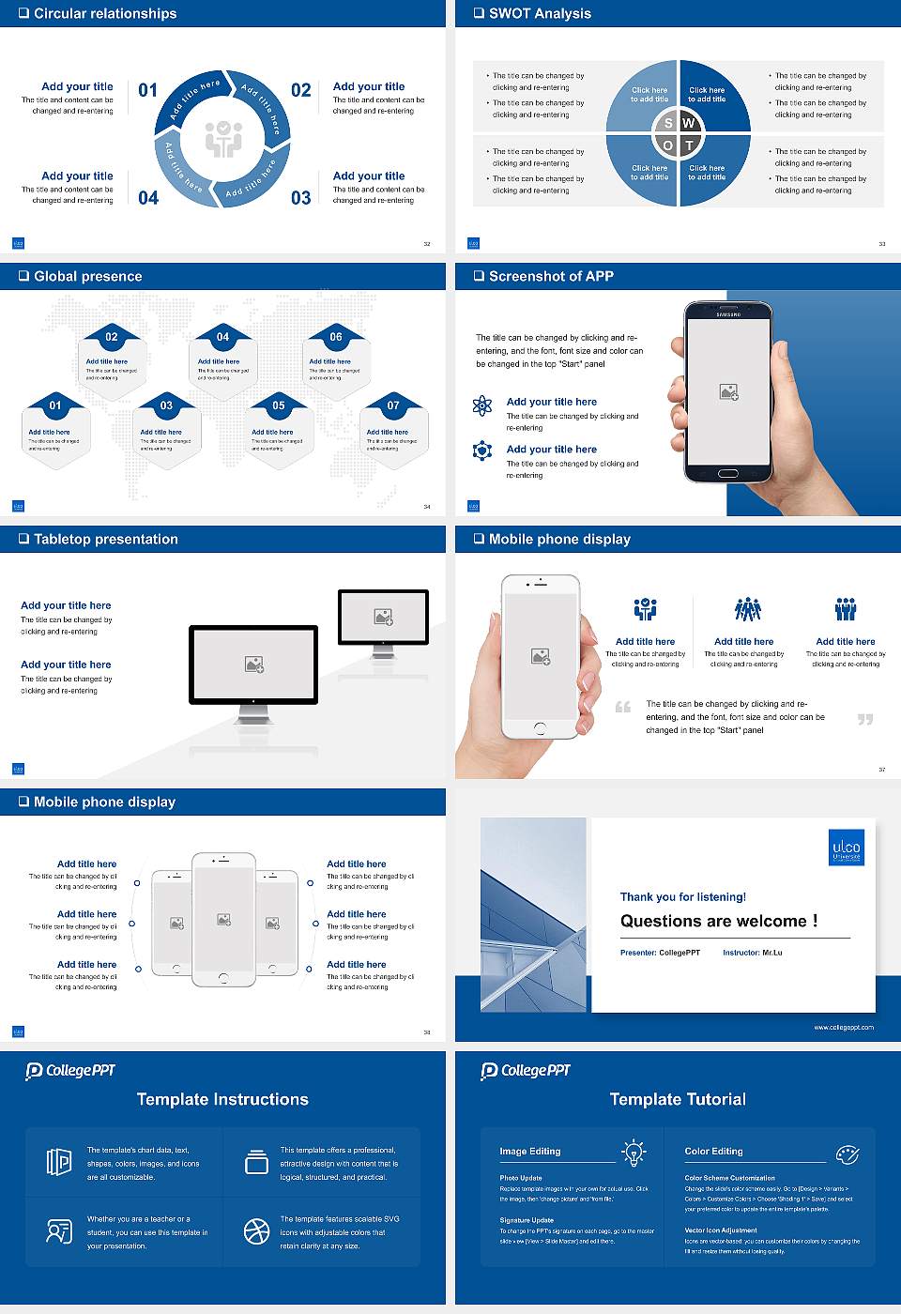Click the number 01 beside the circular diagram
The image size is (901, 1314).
(x=148, y=90)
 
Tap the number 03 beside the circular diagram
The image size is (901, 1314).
(x=300, y=198)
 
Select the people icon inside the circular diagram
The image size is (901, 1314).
(x=223, y=139)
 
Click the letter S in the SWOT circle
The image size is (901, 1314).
(x=668, y=123)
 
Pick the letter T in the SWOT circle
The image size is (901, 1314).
(x=689, y=145)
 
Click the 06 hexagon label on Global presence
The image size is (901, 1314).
(x=336, y=337)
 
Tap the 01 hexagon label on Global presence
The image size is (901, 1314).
(x=55, y=405)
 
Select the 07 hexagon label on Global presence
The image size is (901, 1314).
(x=393, y=405)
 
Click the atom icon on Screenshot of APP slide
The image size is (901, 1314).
(x=482, y=405)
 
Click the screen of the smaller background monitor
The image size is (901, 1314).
(x=383, y=617)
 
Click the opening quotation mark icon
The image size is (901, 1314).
(x=622, y=707)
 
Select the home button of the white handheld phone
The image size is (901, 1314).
(x=540, y=727)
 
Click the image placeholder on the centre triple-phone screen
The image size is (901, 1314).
(x=223, y=920)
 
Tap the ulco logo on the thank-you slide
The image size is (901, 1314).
(x=846, y=848)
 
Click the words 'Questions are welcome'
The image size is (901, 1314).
(x=718, y=921)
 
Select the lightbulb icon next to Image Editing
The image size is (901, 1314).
(x=634, y=1152)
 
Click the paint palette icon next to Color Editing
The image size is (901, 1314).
(x=847, y=1153)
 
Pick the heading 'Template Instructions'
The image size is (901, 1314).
(x=222, y=1099)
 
